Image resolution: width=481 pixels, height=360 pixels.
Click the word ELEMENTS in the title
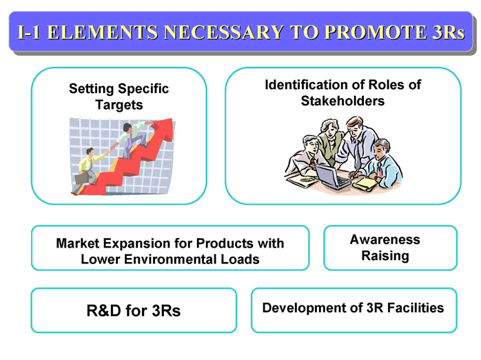coord(103,32)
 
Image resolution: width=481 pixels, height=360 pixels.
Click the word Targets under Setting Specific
coord(119,106)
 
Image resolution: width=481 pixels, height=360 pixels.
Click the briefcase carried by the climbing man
coord(81,179)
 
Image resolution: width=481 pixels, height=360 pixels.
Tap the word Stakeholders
coord(342,101)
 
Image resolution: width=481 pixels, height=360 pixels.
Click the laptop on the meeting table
coord(332,177)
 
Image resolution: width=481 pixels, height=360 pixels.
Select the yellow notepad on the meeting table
coord(365,183)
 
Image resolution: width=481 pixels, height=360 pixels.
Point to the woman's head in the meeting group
coord(330,128)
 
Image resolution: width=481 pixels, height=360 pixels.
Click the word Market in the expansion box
coord(78,243)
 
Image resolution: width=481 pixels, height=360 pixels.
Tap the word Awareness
coord(385,240)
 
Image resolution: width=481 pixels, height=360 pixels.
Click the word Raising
coord(385,256)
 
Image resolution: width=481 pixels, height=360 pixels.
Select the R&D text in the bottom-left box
coord(104,310)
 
